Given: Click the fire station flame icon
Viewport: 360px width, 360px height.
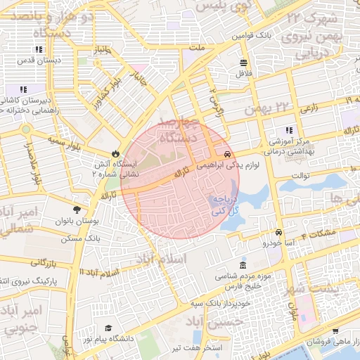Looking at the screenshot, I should click(115, 153).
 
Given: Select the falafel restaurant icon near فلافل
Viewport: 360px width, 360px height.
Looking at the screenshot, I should click(243, 62).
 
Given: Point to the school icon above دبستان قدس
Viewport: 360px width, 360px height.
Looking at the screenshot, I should click(38, 50).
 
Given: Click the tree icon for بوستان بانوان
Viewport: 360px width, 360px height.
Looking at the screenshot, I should click(77, 210).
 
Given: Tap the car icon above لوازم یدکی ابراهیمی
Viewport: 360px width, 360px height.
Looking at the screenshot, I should click(227, 154).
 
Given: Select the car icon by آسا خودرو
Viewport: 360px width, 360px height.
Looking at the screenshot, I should click(278, 233).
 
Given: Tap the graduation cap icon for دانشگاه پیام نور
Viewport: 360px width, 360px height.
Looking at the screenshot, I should click(108, 328).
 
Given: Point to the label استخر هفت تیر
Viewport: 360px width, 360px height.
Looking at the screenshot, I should click(197, 348).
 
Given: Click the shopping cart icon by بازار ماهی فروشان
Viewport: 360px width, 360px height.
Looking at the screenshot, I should click(335, 331).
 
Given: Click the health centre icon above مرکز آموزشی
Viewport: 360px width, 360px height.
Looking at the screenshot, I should click(288, 130).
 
